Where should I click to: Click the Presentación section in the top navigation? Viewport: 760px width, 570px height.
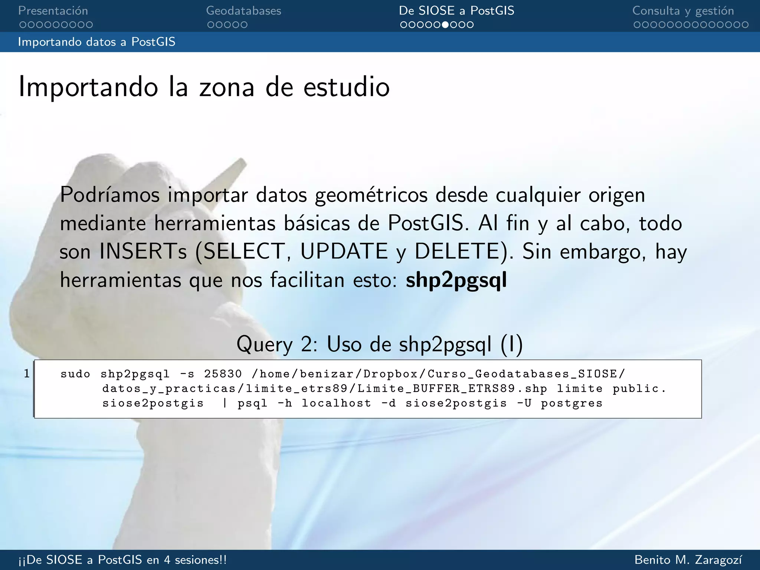(53, 11)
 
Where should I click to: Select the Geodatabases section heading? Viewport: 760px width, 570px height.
(243, 11)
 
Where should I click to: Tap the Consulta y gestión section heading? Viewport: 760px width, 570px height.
(683, 11)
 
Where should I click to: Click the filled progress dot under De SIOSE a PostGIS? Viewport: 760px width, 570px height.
(445, 25)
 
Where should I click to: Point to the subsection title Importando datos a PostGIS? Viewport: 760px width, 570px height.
(96, 42)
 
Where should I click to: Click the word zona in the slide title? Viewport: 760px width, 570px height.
(227, 88)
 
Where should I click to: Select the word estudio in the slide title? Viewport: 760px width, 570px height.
(347, 88)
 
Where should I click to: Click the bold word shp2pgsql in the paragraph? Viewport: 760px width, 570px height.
(456, 280)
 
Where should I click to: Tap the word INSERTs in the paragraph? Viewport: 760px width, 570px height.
(143, 252)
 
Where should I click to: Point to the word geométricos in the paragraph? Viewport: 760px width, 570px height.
(371, 195)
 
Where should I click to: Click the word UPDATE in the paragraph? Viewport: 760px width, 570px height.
(344, 252)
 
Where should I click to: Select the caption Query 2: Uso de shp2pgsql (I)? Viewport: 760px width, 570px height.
(379, 344)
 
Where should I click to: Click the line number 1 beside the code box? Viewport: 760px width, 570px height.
(27, 373)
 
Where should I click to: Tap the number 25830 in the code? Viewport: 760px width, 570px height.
(223, 374)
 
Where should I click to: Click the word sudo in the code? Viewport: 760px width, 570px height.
(75, 374)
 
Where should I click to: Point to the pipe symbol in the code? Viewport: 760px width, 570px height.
(225, 403)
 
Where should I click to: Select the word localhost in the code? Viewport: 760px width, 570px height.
(336, 403)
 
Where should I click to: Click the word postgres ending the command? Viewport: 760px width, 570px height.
(571, 403)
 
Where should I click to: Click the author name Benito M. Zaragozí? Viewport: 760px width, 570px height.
(688, 560)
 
